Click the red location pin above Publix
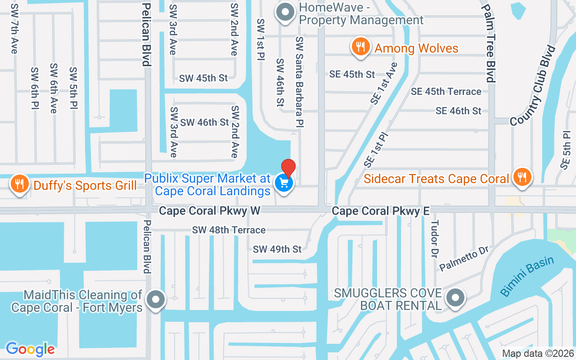tap(288, 167)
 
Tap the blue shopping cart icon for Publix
tap(284, 183)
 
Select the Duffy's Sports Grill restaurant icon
tap(19, 184)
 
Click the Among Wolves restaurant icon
tap(360, 47)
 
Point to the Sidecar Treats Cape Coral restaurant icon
tap(522, 177)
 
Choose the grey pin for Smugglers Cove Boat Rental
tap(455, 298)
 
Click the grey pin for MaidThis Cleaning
tap(156, 299)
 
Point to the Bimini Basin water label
tap(527, 276)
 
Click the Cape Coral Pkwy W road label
tap(210, 211)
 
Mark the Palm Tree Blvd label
tap(490, 43)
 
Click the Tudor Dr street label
tap(434, 238)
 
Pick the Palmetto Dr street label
tap(464, 258)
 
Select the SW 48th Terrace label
tap(229, 230)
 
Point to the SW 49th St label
tap(277, 249)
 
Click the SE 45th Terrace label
tap(446, 91)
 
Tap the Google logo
tap(30, 349)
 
